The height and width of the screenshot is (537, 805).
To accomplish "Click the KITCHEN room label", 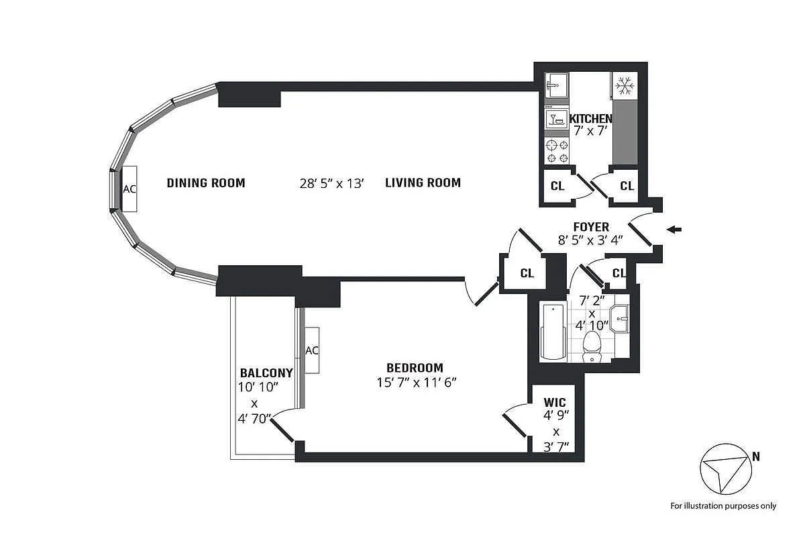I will tap(590, 119).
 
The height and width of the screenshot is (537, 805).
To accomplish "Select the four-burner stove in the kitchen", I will tap(557, 151).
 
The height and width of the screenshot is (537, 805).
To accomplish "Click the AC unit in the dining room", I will tap(129, 189).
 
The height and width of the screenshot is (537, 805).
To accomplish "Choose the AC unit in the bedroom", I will tap(312, 350).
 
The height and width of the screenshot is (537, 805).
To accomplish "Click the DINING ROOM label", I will tap(206, 183).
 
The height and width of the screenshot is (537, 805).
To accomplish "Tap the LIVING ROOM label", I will tap(423, 183).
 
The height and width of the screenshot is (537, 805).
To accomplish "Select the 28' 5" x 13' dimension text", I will tap(331, 183).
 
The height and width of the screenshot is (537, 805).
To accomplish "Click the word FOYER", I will tap(591, 227).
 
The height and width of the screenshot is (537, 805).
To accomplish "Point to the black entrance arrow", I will tap(675, 230).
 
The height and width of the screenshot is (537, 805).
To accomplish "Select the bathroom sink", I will tap(621, 315).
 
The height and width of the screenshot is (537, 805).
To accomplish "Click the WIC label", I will tap(555, 403).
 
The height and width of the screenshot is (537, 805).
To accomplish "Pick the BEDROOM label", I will tap(415, 368).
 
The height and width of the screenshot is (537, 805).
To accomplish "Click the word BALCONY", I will tap(266, 373).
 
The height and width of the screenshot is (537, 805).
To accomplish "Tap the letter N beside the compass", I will tap(756, 457).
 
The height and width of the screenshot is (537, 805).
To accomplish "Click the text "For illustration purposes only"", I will tap(723, 505).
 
